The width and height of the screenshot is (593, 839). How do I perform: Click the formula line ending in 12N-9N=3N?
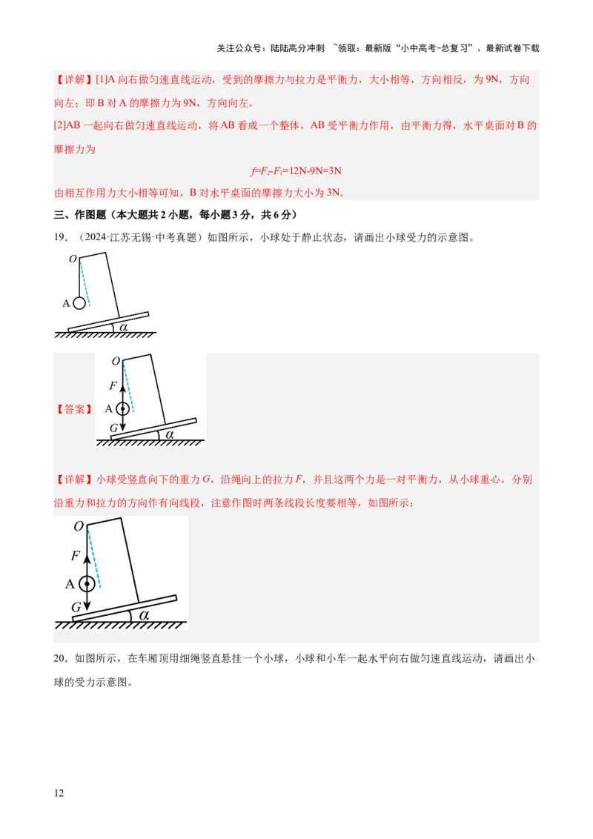click(296, 171)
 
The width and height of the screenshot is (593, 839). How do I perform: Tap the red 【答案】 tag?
click(74, 409)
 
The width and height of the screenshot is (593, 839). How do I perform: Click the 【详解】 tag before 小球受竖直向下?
click(74, 480)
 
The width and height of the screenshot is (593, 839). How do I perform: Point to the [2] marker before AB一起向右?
click(60, 126)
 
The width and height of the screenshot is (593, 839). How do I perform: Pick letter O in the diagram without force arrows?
click(73, 259)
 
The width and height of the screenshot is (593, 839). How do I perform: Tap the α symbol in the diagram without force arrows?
click(124, 325)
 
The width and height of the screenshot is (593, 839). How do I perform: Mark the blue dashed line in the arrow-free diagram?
click(85, 282)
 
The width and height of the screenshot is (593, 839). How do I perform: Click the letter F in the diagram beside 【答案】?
click(113, 385)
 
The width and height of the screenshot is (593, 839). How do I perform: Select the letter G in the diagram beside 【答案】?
click(113, 428)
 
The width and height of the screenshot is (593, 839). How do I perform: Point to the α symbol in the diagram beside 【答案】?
click(169, 434)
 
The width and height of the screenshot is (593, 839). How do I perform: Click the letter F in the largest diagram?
click(76, 555)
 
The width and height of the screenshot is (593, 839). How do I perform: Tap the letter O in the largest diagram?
click(78, 526)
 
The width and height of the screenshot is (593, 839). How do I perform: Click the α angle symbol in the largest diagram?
click(144, 614)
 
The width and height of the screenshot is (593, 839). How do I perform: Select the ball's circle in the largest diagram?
click(87, 583)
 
